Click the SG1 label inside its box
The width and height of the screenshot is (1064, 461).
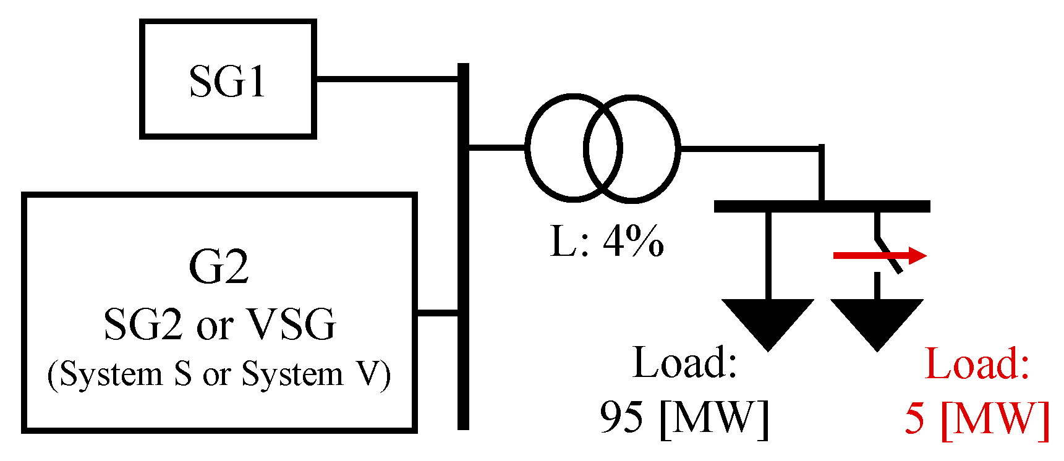(x=228, y=82)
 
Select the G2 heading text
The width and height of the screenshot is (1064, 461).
(x=219, y=267)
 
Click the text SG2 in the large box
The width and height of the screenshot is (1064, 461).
(x=143, y=324)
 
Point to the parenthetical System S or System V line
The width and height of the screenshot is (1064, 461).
(x=219, y=374)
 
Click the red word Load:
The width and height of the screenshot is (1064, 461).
(x=977, y=364)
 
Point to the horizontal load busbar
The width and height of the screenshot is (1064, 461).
(x=822, y=206)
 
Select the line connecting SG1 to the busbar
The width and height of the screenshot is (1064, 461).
(x=386, y=78)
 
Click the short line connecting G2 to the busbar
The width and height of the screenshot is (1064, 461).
(x=437, y=313)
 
